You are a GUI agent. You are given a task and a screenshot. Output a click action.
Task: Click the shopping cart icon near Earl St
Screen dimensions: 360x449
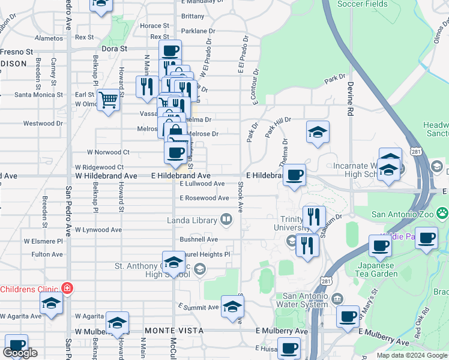tap(108, 100)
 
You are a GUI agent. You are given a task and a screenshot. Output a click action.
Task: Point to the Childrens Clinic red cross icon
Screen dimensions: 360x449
tap(67, 289)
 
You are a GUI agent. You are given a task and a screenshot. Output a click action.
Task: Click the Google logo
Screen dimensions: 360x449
tap(20, 353)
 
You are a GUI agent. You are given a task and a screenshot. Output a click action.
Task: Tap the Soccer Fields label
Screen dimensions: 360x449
tap(362, 4)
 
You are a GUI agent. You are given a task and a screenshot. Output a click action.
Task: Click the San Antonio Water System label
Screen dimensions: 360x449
tap(306, 300)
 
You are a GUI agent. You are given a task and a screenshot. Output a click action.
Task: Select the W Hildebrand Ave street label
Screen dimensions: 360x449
tap(106, 176)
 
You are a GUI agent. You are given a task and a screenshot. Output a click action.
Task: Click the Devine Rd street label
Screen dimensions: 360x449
tap(349, 99)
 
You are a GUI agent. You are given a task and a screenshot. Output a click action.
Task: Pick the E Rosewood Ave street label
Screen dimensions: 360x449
tap(204, 197)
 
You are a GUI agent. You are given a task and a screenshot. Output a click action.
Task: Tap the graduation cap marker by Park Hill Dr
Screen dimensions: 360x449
tap(318, 131)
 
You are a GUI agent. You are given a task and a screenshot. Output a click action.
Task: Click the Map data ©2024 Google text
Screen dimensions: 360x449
tap(412, 355)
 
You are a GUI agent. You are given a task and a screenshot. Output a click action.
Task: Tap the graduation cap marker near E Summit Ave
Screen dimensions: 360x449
tap(232, 307)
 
